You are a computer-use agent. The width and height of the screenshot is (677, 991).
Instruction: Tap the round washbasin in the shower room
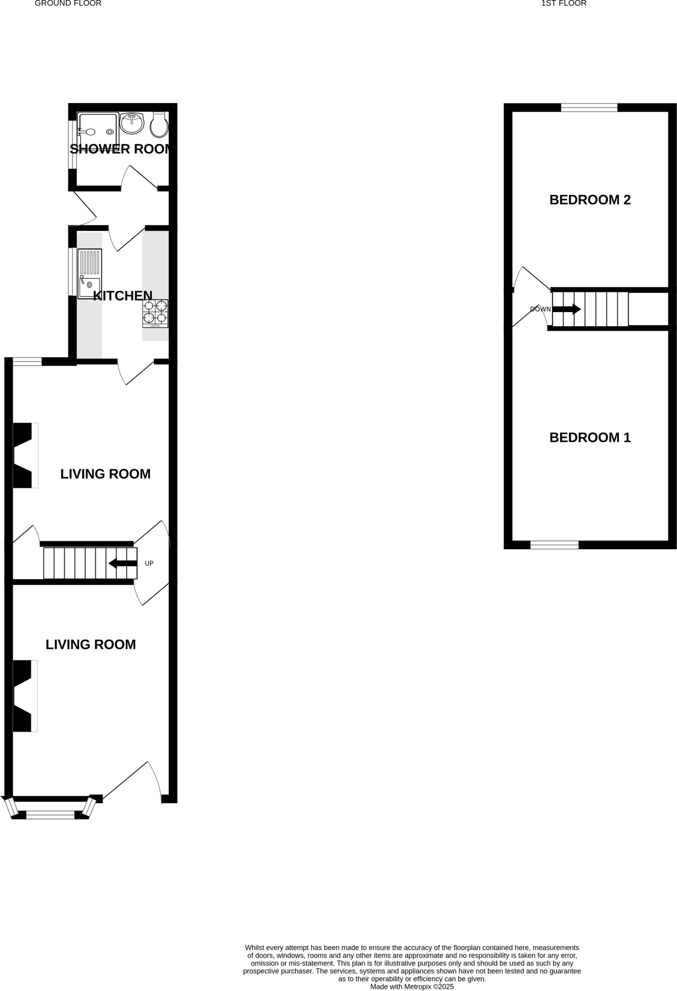coord(132,123)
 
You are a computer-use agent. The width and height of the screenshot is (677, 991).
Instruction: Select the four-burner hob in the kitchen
coord(155,313)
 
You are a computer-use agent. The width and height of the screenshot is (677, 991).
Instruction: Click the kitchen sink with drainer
coord(90,274)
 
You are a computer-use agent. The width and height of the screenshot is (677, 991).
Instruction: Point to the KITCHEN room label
coord(122,296)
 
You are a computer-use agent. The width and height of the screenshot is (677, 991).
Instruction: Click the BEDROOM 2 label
coord(590,200)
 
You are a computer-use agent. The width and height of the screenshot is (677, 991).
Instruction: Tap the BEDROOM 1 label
coord(590,437)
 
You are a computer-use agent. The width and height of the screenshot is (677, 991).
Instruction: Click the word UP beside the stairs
coord(149,563)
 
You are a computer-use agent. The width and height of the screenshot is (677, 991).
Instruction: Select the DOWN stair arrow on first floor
coord(567,309)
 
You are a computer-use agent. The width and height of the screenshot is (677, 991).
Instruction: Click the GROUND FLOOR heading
coord(68,4)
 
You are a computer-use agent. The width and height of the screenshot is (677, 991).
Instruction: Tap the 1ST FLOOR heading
coord(564,4)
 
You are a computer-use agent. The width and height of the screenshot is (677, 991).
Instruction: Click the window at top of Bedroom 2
coord(589,108)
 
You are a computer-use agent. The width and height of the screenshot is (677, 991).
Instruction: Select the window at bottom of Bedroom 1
coord(555,545)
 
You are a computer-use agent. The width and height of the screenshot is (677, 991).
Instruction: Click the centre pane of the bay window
coord(50,815)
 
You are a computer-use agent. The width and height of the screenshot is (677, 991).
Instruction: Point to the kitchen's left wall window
coord(71,271)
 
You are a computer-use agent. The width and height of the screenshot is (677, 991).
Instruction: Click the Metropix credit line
coord(412,986)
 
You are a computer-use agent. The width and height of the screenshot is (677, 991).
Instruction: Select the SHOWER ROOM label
coord(120,149)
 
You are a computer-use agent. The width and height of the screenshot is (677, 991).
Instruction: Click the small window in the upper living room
coord(27,361)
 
